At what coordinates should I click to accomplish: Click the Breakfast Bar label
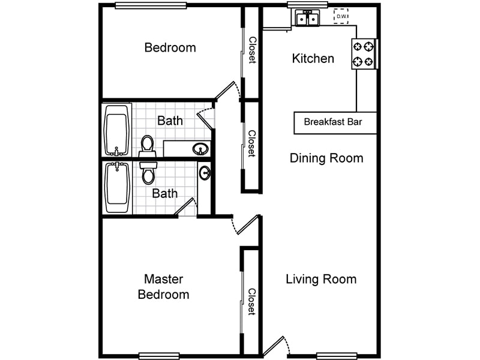[332, 122]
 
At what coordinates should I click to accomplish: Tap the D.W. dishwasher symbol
[341, 16]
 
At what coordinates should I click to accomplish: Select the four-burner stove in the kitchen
[364, 54]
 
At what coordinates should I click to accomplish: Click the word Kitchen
[313, 58]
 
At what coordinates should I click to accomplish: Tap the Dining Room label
[326, 158]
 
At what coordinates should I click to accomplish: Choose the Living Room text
[321, 279]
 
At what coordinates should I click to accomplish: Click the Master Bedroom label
[164, 287]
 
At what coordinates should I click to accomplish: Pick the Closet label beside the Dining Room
[252, 144]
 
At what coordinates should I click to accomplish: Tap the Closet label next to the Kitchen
[252, 50]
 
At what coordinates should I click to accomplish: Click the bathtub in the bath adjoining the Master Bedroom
[118, 187]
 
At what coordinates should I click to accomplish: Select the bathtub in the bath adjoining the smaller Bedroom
[118, 130]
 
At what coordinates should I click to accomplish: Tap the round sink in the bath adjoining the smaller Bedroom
[200, 148]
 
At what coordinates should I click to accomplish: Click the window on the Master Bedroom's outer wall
[159, 356]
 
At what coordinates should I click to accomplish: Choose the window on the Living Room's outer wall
[337, 356]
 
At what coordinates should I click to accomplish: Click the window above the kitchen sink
[307, 5]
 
